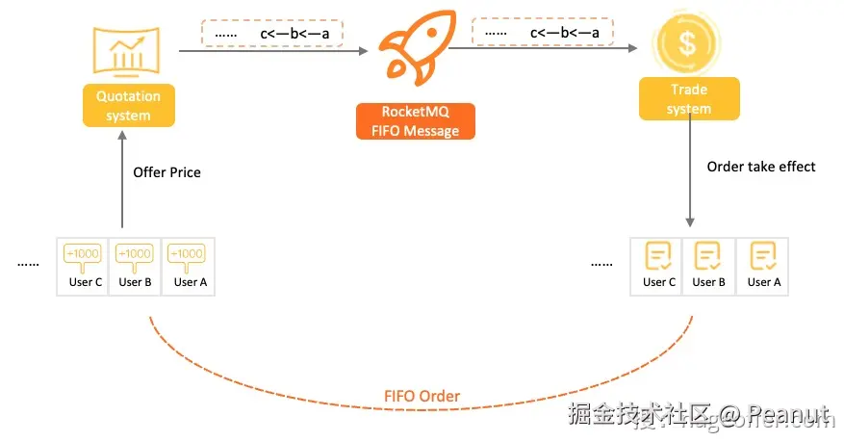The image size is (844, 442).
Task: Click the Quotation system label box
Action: (x=128, y=106)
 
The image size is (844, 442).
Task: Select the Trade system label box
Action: (x=689, y=98)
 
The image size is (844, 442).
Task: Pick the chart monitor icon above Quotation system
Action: (x=127, y=52)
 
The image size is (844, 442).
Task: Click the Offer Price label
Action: (x=166, y=172)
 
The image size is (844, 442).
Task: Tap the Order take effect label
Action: (x=760, y=167)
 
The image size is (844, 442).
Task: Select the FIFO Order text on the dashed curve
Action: (x=422, y=396)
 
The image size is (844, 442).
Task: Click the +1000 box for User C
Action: (x=82, y=254)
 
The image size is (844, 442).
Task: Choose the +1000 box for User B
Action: (x=135, y=254)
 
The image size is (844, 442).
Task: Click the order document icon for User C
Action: (x=659, y=256)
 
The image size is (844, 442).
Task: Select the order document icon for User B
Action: (x=708, y=256)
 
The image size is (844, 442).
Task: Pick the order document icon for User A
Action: (x=763, y=256)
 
